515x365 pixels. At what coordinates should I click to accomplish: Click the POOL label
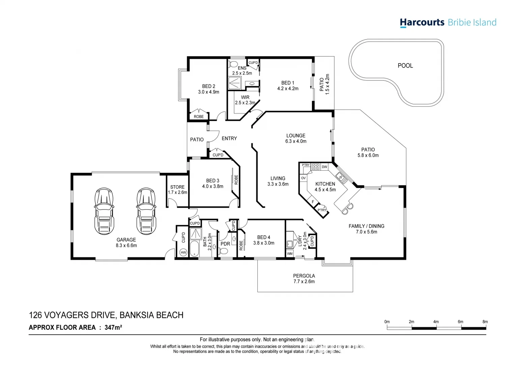[x=405, y=66]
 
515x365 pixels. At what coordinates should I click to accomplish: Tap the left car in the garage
[x=104, y=211]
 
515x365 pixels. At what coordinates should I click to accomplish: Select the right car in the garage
[x=146, y=211]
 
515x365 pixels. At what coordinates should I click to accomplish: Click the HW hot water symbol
[x=183, y=252]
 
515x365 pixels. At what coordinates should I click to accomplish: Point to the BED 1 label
[x=288, y=83]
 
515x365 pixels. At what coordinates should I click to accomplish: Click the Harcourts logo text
[x=422, y=23]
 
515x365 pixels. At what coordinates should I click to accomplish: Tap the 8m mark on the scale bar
[x=485, y=322]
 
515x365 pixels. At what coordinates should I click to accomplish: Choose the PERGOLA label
[x=304, y=276]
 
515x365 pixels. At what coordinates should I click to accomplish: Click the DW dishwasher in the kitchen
[x=324, y=167]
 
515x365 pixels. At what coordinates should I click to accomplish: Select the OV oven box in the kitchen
[x=303, y=178]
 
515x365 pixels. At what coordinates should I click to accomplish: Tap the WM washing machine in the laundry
[x=290, y=253]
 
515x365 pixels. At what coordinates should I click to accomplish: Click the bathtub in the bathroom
[x=195, y=249]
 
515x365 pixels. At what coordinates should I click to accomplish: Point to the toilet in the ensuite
[x=233, y=64]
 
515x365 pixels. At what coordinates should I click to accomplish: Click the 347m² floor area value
[x=113, y=327]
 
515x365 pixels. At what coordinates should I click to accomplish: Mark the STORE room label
[x=177, y=187]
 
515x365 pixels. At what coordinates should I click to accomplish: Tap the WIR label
[x=245, y=97]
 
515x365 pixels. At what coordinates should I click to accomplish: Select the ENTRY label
[x=229, y=138]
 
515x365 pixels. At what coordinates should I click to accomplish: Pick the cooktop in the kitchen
[x=316, y=167]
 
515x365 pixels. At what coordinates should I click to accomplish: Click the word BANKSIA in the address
[x=135, y=315]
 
